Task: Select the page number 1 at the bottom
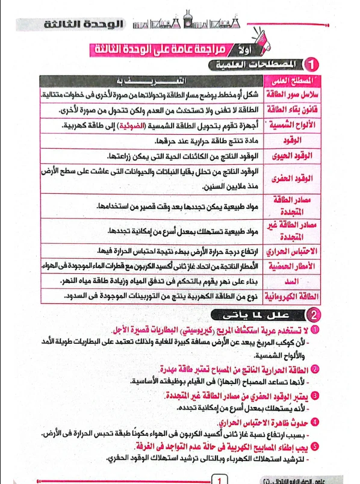220,480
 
